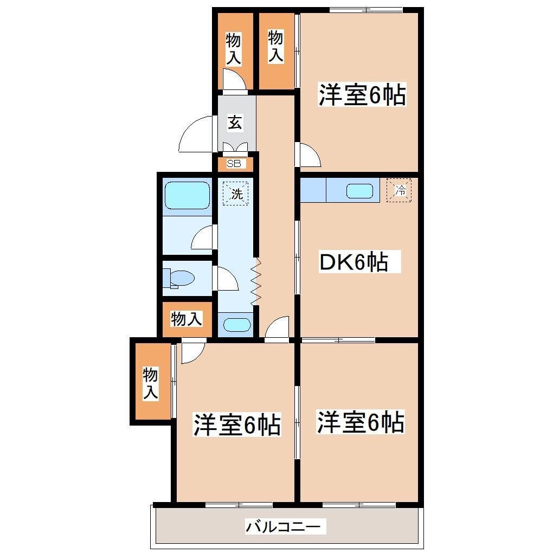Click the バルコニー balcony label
pos(286,526)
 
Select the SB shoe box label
pos(234,163)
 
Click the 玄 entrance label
pos(234,123)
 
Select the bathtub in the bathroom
pos(187,195)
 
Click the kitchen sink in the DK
pos(359,191)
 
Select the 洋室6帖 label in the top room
pos(362,95)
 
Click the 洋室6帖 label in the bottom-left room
pos(237,425)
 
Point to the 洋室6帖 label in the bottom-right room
pos(361,422)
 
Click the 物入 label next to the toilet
pos(187,319)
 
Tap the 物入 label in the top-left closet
pos(233,49)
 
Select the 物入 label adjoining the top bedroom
pos(276,46)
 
